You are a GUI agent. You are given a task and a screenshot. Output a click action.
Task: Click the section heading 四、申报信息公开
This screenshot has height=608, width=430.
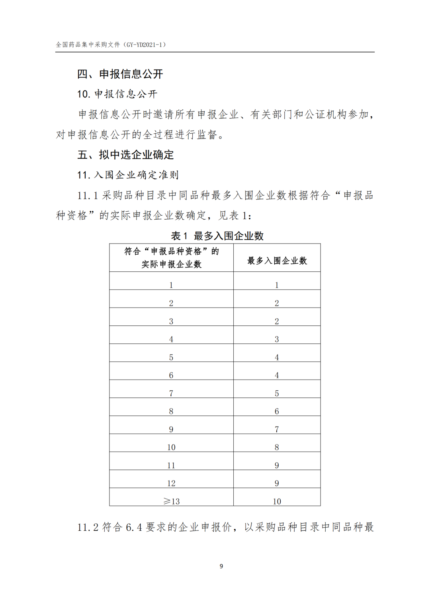click(x=120, y=74)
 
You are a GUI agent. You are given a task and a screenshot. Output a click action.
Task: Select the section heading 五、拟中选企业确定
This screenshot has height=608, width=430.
click(x=125, y=155)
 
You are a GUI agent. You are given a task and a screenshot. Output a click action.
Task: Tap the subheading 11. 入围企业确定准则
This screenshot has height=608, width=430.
click(x=128, y=175)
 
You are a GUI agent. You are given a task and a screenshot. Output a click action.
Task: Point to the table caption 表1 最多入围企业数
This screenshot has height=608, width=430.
click(x=217, y=236)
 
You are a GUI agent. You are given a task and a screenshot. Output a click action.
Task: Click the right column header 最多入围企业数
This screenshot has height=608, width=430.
click(x=277, y=261)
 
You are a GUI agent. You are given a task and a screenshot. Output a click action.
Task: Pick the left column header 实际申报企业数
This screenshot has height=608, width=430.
click(x=172, y=264)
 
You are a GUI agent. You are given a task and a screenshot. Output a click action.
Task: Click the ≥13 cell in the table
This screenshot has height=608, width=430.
click(x=172, y=501)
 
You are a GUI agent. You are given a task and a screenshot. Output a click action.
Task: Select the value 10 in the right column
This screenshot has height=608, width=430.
click(x=277, y=501)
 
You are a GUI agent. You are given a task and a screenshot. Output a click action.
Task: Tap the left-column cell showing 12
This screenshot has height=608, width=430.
click(x=171, y=483)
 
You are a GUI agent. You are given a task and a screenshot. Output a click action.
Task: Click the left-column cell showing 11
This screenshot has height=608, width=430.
click(x=171, y=466)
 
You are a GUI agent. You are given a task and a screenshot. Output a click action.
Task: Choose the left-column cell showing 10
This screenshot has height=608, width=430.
click(x=171, y=447)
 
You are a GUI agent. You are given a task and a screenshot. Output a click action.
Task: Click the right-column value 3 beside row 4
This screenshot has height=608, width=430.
click(x=277, y=339)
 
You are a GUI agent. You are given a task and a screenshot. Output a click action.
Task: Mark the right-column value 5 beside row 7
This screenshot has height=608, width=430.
click(x=277, y=394)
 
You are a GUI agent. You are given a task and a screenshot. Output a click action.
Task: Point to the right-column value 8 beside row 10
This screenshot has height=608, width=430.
click(x=277, y=447)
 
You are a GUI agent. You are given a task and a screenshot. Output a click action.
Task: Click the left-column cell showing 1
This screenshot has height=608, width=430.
click(x=171, y=285)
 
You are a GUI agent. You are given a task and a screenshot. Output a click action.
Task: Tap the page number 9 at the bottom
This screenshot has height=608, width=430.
click(x=221, y=566)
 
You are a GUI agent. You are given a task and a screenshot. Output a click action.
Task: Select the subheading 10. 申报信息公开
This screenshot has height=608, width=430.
click(x=117, y=94)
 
